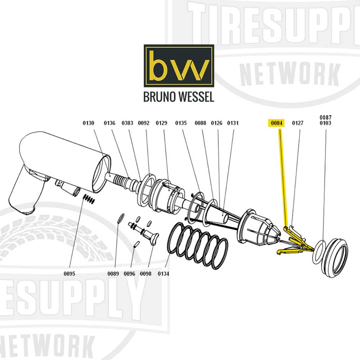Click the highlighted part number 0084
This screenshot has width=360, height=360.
click(x=277, y=123)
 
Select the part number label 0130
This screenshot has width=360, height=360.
click(x=89, y=123)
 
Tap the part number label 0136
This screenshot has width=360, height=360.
click(x=109, y=123)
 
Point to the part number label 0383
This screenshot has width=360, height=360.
click(x=127, y=123)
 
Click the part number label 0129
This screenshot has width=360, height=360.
click(x=161, y=123)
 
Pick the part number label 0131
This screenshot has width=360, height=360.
click(x=233, y=123)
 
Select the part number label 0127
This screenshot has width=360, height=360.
click(x=298, y=123)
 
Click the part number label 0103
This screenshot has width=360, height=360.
click(x=325, y=123)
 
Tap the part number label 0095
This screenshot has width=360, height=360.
click(x=70, y=274)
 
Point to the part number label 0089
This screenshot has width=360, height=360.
click(x=113, y=274)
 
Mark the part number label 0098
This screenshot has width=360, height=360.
click(x=146, y=274)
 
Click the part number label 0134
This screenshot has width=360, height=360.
click(x=163, y=274)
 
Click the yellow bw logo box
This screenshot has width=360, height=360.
click(x=179, y=66)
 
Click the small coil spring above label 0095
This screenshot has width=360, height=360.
click(x=89, y=199)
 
